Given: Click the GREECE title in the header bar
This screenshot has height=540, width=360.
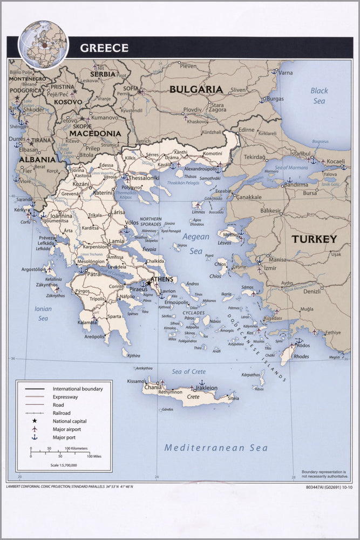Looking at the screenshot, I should (x=104, y=48).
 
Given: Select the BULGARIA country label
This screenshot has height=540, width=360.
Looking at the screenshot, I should (x=196, y=90).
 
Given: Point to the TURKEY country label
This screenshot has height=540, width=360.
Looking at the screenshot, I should (x=314, y=239).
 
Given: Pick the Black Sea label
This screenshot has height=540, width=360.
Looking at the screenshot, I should (x=319, y=96).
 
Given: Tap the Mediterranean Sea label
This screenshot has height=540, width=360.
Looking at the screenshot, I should (x=216, y=448).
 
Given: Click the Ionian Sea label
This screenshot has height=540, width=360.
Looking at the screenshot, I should (x=42, y=314).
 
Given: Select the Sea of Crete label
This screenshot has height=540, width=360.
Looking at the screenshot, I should (x=188, y=372).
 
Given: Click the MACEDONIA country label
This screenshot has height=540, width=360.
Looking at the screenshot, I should (x=95, y=133).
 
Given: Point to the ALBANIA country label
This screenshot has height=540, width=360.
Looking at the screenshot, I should (x=37, y=160).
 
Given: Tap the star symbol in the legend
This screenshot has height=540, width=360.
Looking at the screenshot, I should (x=35, y=421).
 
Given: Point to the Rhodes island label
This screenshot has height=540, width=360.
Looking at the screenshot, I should (x=301, y=356).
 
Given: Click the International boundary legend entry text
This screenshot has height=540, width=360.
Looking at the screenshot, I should (x=77, y=389).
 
